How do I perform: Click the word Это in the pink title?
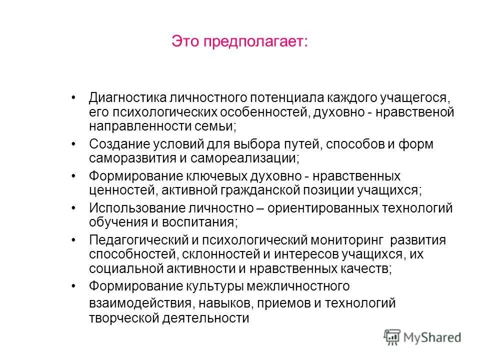point(185,41)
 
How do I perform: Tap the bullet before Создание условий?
point(74,144)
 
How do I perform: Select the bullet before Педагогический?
point(74,240)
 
